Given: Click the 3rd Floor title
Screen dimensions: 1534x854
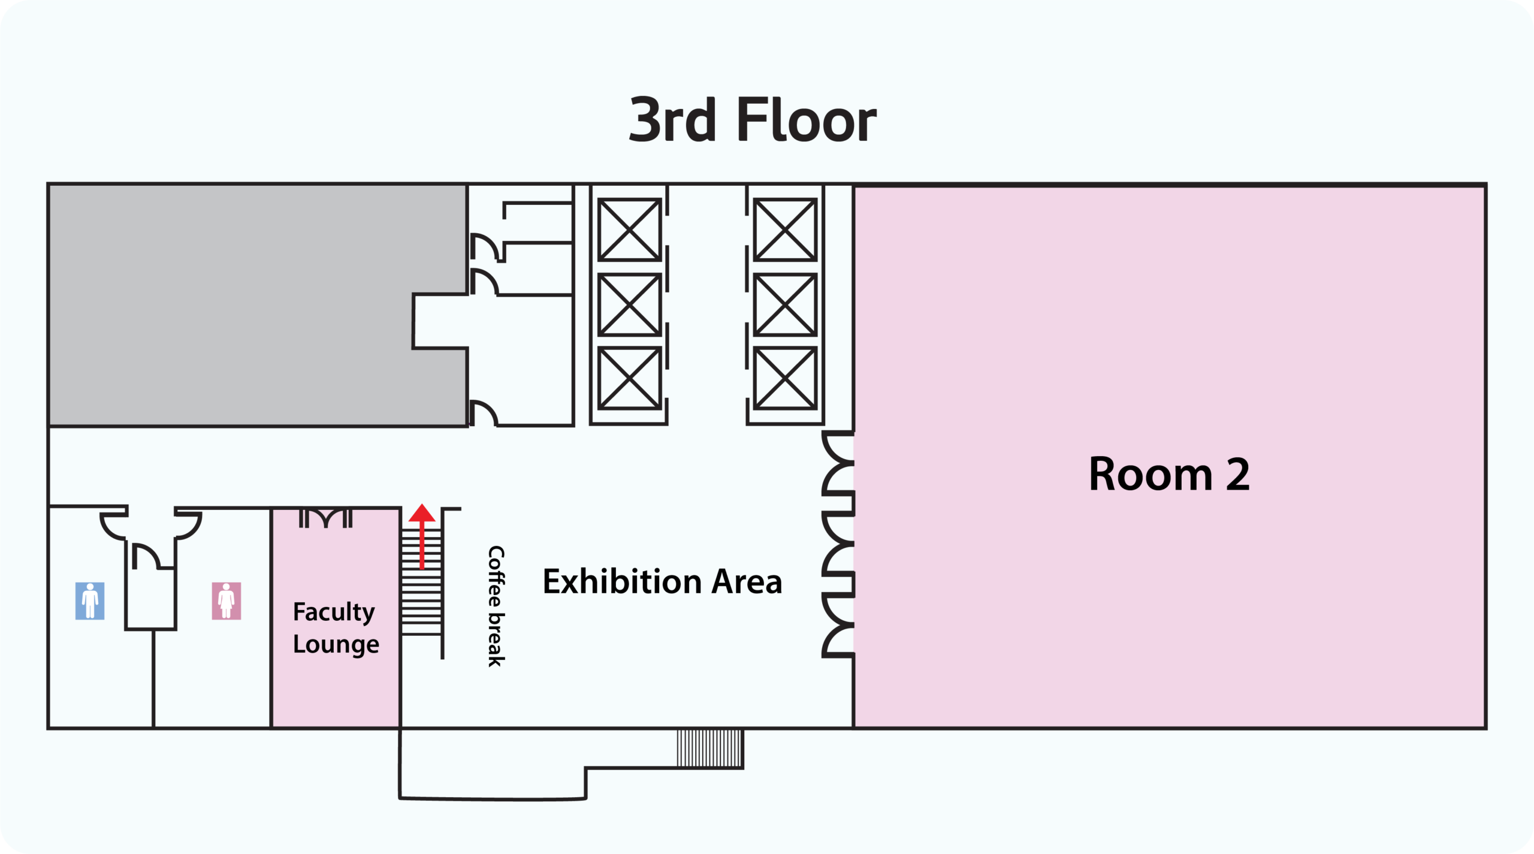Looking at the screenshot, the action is [x=753, y=120].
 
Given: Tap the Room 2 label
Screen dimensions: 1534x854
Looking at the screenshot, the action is [x=1169, y=474].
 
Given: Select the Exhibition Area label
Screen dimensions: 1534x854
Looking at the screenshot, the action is [x=662, y=581].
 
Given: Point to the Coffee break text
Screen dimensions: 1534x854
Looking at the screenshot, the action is [x=496, y=606].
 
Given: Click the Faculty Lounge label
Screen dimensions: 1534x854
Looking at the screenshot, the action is [x=336, y=627].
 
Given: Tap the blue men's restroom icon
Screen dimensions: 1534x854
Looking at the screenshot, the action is [x=90, y=600].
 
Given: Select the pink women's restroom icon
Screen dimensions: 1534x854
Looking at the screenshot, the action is [x=227, y=600].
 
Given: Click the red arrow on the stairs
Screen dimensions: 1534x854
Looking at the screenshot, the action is [x=422, y=536].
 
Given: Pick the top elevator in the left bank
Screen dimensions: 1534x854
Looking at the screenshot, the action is [x=630, y=230].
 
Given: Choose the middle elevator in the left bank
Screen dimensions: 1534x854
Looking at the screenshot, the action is [x=630, y=304].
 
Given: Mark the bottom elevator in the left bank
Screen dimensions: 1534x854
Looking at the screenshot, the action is [x=630, y=378].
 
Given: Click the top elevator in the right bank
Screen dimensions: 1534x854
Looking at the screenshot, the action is [x=785, y=230].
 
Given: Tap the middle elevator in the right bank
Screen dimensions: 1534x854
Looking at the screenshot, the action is [x=785, y=304].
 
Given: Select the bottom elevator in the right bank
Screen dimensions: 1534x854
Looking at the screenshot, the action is [x=785, y=378].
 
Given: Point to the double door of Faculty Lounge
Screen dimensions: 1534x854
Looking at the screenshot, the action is [x=325, y=518].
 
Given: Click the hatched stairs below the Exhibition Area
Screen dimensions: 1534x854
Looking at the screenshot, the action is [x=710, y=748].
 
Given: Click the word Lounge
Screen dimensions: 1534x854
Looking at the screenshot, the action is [x=336, y=644].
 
